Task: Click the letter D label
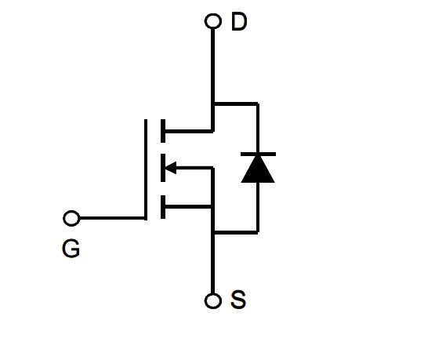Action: [x=239, y=21]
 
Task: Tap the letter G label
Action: [x=71, y=249]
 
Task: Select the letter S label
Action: [x=238, y=299]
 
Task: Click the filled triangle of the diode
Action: [x=258, y=169]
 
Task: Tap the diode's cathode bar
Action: [x=258, y=154]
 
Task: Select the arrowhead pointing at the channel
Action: [x=171, y=168]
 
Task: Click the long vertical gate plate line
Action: [x=146, y=169]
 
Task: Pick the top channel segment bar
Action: [x=163, y=131]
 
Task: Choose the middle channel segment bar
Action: [x=163, y=168]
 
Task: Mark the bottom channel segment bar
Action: [x=163, y=207]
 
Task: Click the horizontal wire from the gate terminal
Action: [x=112, y=218]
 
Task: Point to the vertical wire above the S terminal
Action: [x=212, y=263]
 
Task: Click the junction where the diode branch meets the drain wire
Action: [x=212, y=104]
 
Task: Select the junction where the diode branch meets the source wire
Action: [x=212, y=232]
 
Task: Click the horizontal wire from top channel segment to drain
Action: [x=189, y=131]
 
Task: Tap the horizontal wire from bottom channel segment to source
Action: [x=189, y=207]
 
